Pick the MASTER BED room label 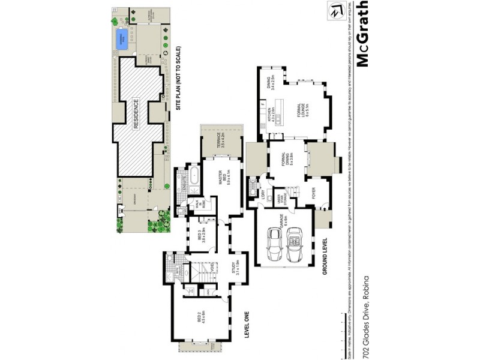pyautogui.click(x=223, y=182)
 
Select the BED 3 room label pyautogui.click(x=202, y=233)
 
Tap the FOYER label pyautogui.click(x=314, y=193)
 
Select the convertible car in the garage pyautogui.click(x=295, y=248)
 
